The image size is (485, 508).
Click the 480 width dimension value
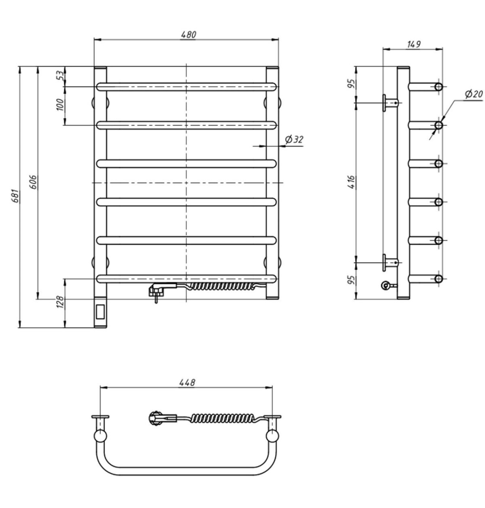point(189,34)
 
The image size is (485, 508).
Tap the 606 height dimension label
point(34,182)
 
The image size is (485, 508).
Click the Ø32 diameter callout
point(294,140)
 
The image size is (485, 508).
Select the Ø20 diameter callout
point(474,94)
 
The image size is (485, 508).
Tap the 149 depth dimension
point(414,44)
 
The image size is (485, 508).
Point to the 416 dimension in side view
point(351,182)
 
